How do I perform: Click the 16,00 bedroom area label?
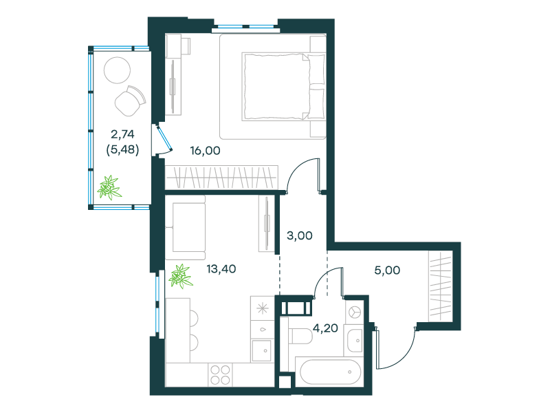pos(205,151)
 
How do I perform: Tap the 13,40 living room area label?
pos(221,269)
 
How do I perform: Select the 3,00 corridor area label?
pos(300,235)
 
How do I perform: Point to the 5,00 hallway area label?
pos(387,270)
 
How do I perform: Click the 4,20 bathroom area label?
pos(325,328)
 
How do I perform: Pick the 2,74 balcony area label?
pos(122,134)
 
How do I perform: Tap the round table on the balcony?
pos(117,70)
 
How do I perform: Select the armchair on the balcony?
pos(130,100)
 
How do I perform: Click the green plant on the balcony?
pos(109,187)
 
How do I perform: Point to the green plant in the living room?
pos(181,277)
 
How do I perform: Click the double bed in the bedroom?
pos(283,87)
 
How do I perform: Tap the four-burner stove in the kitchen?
pos(220,374)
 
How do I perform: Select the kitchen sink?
pos(262,351)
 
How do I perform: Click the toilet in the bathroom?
pos(300,337)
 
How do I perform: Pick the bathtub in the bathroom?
pos(331,372)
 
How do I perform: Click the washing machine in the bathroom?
pos(355,312)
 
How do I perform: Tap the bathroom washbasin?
pos(354,340)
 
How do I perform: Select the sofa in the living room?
pos(185,228)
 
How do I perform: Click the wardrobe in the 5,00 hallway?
pos(441,286)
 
